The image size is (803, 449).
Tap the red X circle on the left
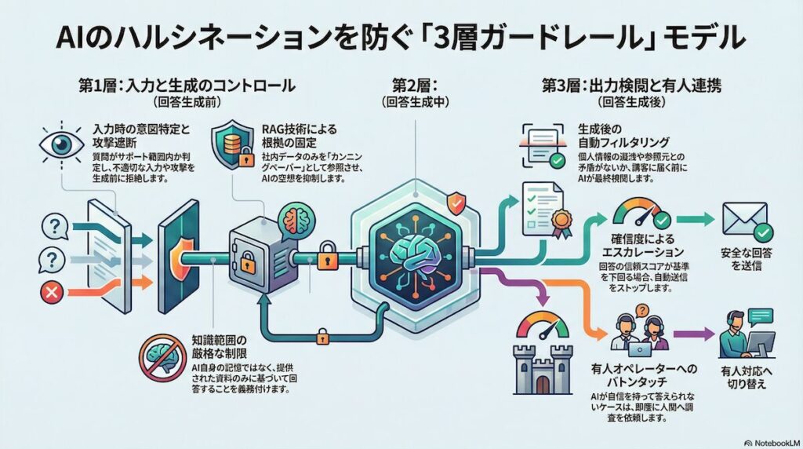[x=53, y=294]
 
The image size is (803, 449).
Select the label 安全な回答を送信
[x=743, y=260]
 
